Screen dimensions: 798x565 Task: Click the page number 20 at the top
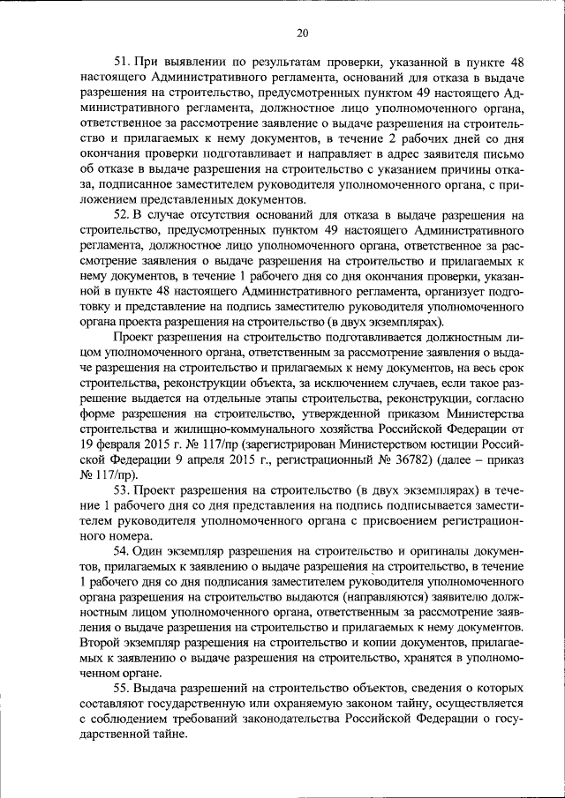tap(302, 34)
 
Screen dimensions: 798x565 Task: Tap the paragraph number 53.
tap(124, 489)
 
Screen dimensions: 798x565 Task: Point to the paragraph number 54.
tap(124, 551)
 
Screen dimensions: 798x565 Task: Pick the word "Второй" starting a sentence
tap(98, 644)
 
